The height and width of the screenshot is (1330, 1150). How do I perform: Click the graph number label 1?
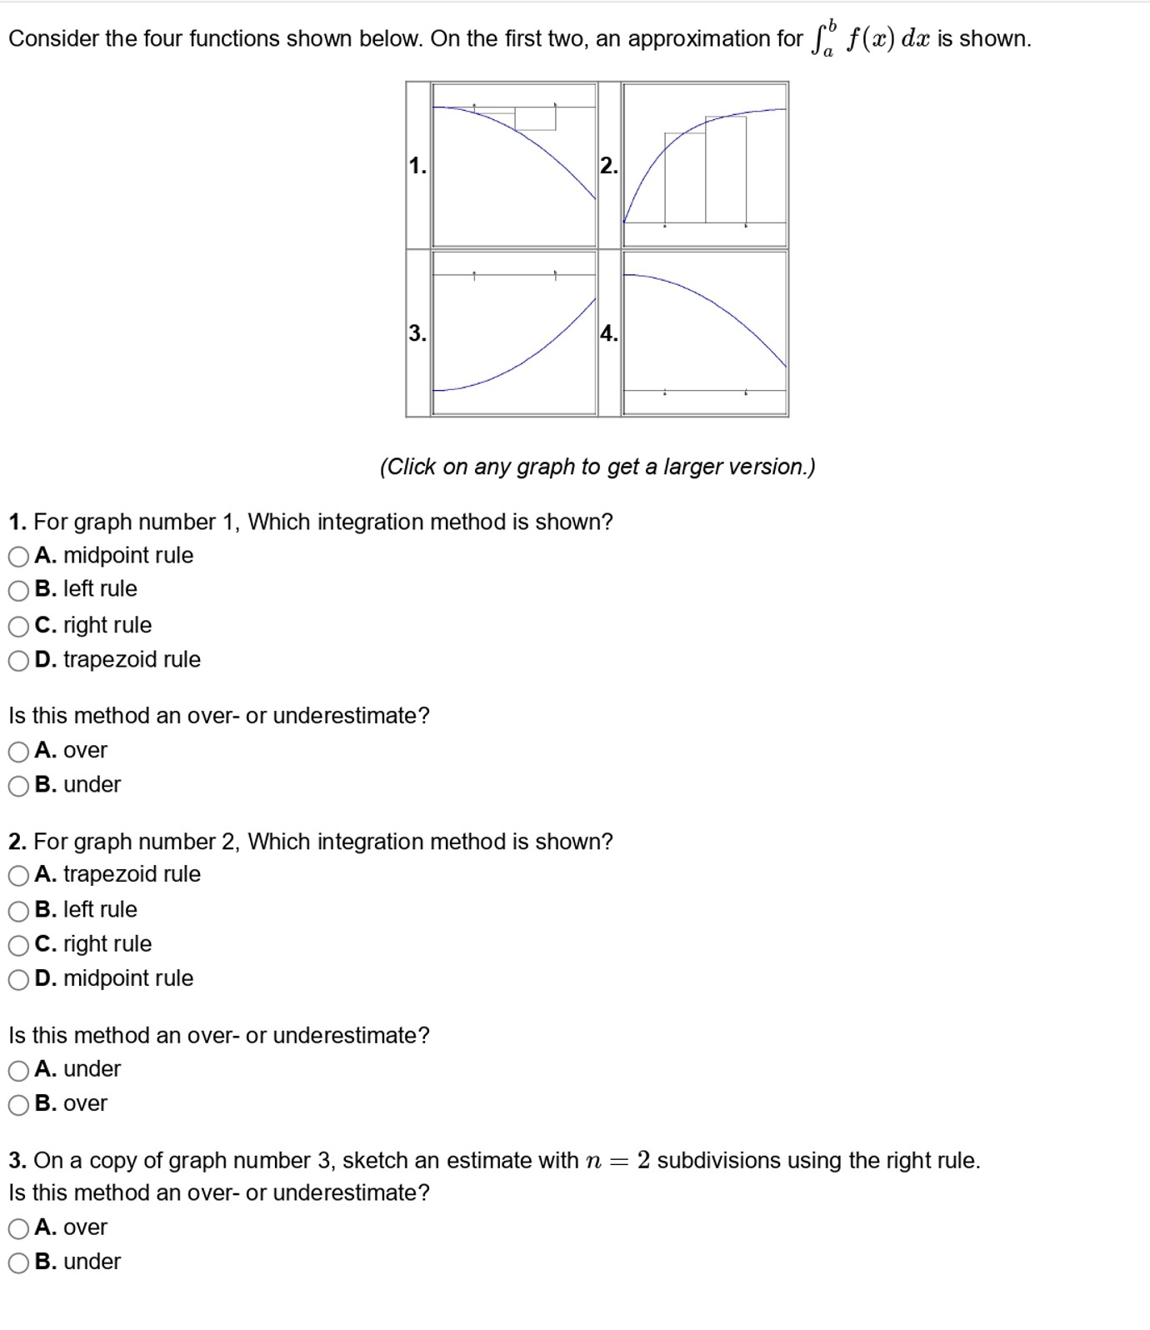417,166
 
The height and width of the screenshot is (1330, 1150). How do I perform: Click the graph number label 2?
609,166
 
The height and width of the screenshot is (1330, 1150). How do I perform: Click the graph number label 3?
417,333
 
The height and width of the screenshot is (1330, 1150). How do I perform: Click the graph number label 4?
609,333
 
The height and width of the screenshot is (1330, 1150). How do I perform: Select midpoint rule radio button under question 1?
18,556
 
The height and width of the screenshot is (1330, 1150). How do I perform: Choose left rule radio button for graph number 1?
18,590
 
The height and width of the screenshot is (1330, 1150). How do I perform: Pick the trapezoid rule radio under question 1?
18,661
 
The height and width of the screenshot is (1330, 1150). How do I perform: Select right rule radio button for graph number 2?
18,945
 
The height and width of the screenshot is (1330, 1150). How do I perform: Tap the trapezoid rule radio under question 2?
18,875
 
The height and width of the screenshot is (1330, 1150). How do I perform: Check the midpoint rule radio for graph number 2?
18,979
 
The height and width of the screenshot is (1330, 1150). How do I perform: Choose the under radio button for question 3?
18,1262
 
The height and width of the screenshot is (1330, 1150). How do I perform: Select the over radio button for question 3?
18,1228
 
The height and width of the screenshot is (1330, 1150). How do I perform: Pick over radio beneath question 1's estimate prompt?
18,752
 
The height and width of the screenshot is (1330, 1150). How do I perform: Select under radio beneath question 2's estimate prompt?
18,1070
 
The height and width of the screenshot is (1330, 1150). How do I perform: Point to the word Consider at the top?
53,39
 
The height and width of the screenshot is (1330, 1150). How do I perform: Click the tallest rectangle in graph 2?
726,171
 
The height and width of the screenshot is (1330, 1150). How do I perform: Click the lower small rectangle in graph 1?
535,119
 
